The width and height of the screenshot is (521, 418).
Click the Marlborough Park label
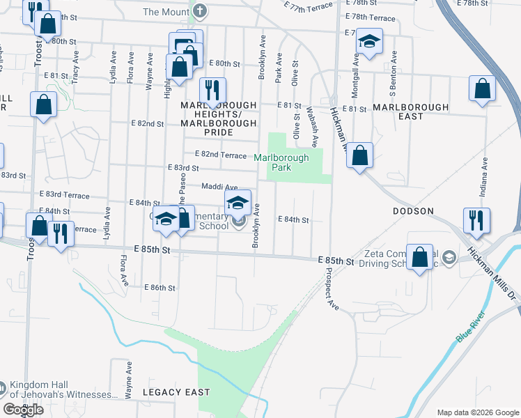tap(281, 162)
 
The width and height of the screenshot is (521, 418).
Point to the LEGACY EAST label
tap(176, 392)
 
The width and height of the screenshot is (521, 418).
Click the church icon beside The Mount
tap(201, 11)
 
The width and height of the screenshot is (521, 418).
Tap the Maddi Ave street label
tap(219, 187)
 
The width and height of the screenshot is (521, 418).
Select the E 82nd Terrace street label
tap(221, 154)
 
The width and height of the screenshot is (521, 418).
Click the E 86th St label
tap(160, 287)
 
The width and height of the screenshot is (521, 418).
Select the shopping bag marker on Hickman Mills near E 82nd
tap(359, 156)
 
